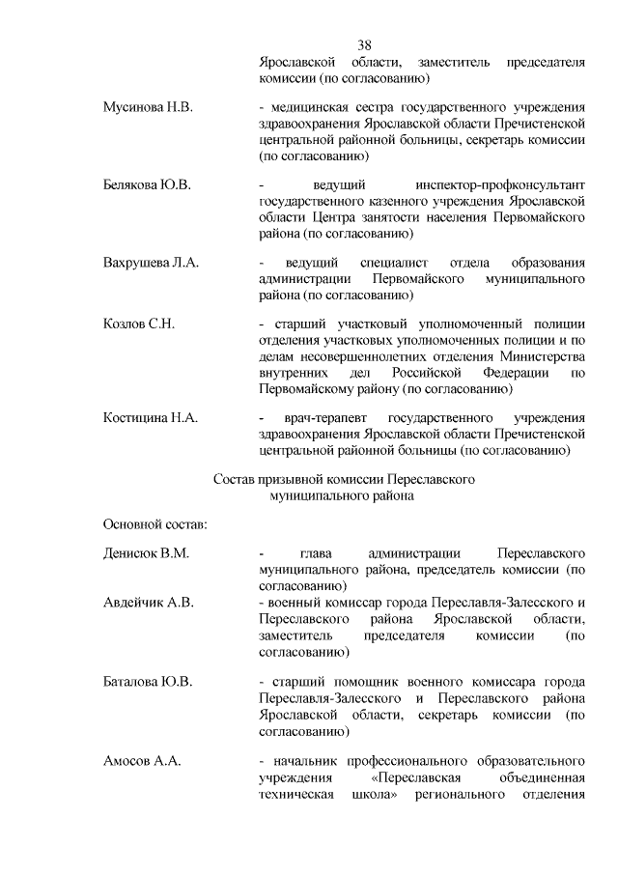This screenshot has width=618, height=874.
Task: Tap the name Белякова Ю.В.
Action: point(147,183)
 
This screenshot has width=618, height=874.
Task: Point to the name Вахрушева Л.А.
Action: point(151,262)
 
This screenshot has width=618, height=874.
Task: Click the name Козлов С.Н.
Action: point(138,324)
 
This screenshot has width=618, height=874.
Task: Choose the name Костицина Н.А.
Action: point(150,417)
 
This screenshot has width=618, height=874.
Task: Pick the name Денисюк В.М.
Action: point(146,554)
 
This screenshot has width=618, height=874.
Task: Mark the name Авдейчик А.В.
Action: point(149,602)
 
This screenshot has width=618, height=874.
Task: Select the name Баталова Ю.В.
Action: point(148,682)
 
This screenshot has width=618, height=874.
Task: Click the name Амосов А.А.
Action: point(142,761)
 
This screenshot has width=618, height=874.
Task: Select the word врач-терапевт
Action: point(321,417)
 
